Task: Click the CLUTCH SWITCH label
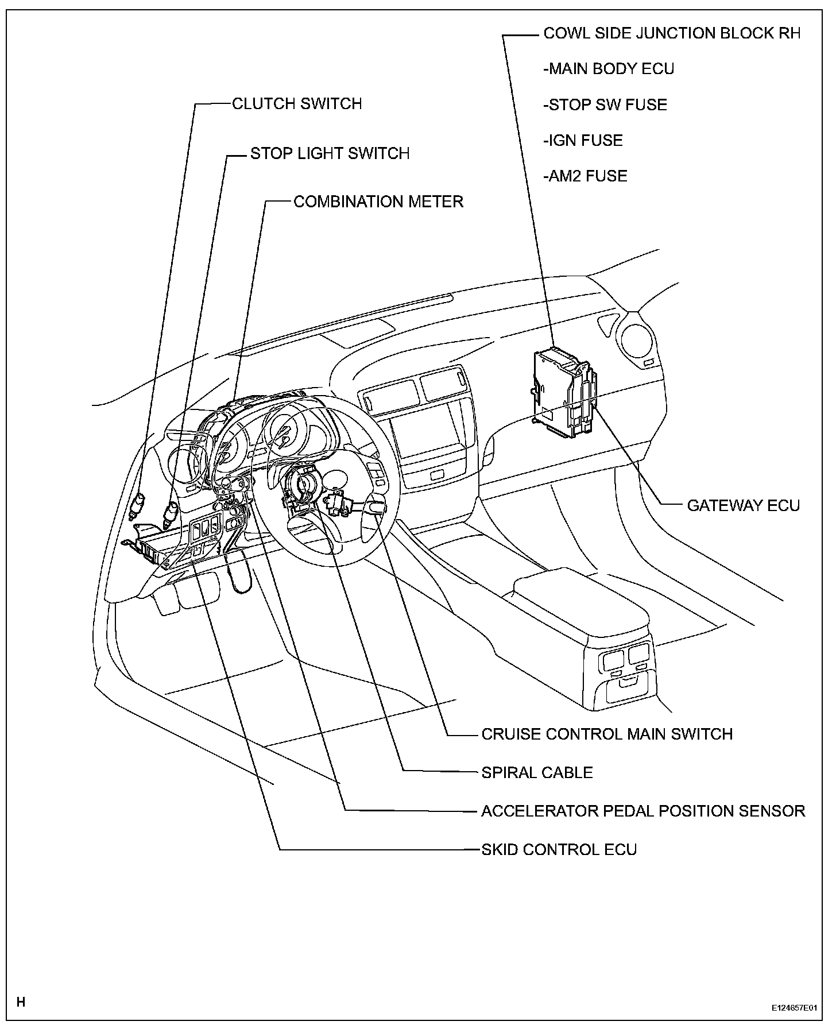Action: point(297,104)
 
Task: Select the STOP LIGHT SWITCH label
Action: point(330,154)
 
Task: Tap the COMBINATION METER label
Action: point(378,202)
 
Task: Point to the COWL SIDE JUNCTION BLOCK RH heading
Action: point(672,33)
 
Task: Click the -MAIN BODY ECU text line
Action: point(609,69)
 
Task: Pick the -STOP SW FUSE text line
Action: point(605,105)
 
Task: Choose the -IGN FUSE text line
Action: point(583,141)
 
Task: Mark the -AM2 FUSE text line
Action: point(585,176)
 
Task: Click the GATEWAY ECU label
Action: point(744,505)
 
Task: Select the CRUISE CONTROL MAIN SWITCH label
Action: point(607,734)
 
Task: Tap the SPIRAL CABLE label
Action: point(537,772)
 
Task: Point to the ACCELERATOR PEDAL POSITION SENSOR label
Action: point(643,811)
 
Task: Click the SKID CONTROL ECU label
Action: point(559,849)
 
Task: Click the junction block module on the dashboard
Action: point(563,390)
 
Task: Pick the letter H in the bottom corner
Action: point(21,1002)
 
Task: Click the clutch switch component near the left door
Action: point(138,504)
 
